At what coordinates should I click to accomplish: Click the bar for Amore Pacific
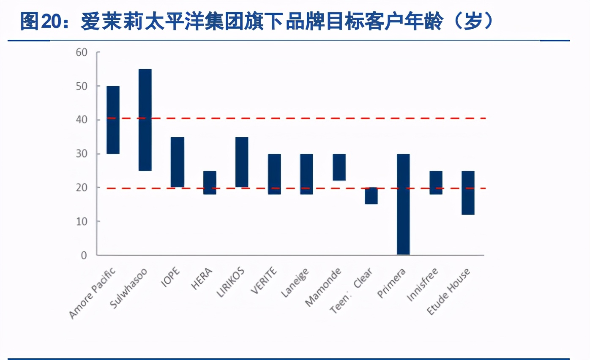click(x=113, y=120)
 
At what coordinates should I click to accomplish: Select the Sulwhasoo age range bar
click(x=145, y=120)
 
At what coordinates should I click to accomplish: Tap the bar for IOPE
click(x=178, y=162)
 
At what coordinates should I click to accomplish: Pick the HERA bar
click(x=210, y=183)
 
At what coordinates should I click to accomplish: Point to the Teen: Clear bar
click(x=371, y=196)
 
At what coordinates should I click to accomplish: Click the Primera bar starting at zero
click(x=403, y=204)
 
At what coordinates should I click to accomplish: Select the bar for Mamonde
click(x=339, y=167)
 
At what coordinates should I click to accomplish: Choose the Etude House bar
click(x=468, y=193)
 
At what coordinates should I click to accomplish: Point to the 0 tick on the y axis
click(x=84, y=255)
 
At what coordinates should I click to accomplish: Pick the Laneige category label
click(x=295, y=283)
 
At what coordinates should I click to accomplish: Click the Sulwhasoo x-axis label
click(x=128, y=288)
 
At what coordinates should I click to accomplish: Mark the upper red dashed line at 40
click(x=296, y=118)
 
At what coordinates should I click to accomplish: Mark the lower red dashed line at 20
click(x=296, y=188)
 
